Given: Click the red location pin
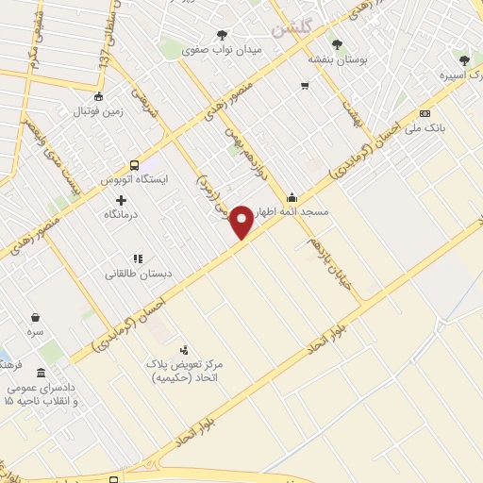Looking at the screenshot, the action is [x=241, y=220].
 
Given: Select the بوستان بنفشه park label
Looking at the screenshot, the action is [x=336, y=58].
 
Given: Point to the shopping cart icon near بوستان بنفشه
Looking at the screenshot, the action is [x=305, y=86].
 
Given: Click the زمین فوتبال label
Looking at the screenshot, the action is [x=97, y=111].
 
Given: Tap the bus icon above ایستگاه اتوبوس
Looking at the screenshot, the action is [x=135, y=163].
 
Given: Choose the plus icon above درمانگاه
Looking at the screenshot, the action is [x=121, y=200].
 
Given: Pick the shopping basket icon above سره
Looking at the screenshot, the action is [x=36, y=318].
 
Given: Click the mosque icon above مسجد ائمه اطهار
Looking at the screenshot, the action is [x=291, y=197].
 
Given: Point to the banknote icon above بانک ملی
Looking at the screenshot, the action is [x=425, y=113].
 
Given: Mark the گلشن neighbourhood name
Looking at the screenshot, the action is [x=291, y=27].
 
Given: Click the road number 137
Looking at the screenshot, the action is [x=105, y=56].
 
